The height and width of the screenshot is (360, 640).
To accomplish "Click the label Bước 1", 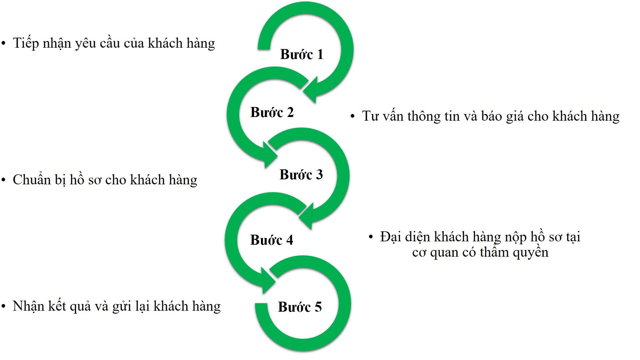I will tap(302, 54).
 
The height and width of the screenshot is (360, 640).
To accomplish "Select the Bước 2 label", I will tap(272, 112).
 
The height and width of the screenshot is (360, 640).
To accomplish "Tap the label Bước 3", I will tap(301, 175).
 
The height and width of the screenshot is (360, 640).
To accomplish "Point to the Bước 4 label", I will tap(271, 240).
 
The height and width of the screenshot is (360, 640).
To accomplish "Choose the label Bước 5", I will tap(300, 307).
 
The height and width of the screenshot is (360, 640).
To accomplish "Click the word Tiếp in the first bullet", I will tap(26, 43).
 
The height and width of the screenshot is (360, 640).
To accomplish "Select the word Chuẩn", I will tap(32, 180).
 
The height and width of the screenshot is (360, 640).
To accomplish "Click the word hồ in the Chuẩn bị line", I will tap(77, 180).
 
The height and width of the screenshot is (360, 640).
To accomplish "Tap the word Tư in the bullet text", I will tap(370, 116).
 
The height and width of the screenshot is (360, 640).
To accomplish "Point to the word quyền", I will tap(531, 253).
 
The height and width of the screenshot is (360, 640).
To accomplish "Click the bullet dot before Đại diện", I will tap(371, 237).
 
